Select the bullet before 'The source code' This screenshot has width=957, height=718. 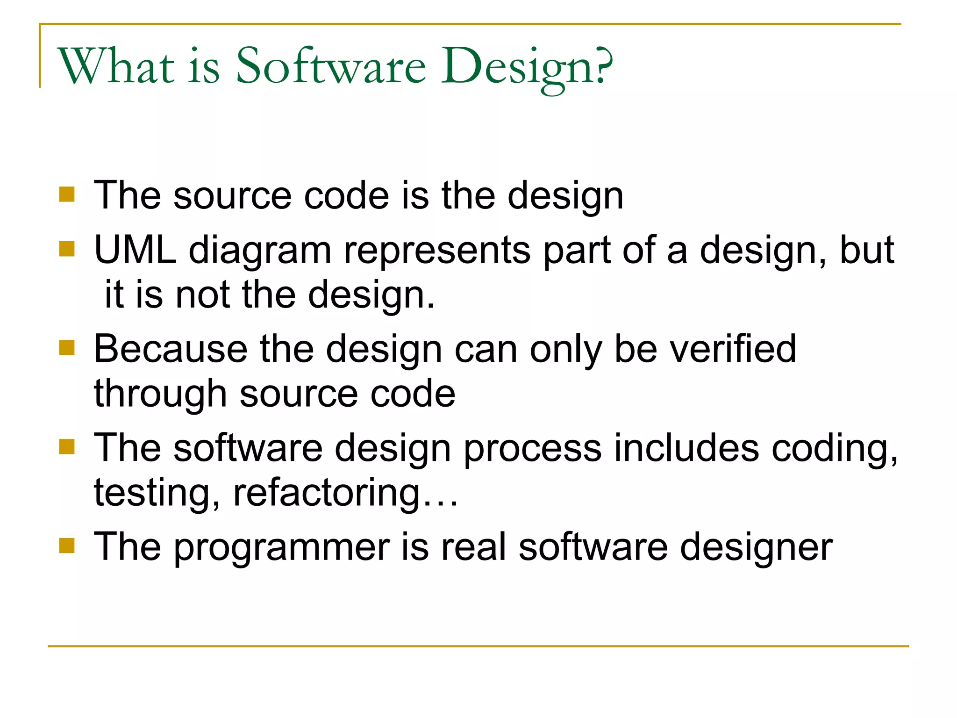click(x=67, y=194)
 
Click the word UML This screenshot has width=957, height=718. click(x=135, y=250)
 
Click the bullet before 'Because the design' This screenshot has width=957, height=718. click(x=67, y=348)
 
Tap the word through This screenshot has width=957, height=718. click(x=160, y=394)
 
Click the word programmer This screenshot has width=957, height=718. click(x=282, y=548)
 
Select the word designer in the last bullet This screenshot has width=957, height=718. click(x=756, y=548)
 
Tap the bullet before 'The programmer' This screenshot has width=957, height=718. click(x=67, y=545)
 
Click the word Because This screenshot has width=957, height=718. click(x=171, y=349)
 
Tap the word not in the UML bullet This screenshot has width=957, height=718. click(x=203, y=295)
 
